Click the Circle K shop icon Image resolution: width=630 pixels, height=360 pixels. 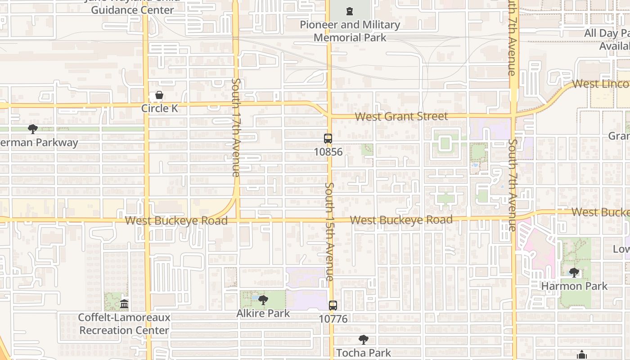coord(159,95)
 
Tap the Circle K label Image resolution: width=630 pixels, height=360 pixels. coord(160,108)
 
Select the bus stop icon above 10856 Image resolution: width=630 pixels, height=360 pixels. coord(328,139)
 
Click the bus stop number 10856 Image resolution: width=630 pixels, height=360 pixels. coord(328,152)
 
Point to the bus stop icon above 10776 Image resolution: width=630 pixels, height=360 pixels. coord(333,305)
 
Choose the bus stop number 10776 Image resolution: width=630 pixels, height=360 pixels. coord(333,319)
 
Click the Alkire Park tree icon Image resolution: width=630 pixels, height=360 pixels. coord(263,300)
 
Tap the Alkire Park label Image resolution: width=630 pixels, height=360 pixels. coord(263,313)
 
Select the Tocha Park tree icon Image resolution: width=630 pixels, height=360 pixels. coord(363,340)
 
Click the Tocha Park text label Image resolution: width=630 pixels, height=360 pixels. coord(364,353)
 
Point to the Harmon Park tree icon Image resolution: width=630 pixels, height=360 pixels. coord(574,273)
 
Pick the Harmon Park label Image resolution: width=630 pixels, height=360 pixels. coord(574,286)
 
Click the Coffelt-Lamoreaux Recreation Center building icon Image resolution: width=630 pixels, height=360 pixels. coord(124,304)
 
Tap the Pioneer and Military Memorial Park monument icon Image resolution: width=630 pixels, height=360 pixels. coord(350,11)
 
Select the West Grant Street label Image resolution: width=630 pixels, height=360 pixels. coord(401,117)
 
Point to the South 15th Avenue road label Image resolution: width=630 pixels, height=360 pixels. coord(330,232)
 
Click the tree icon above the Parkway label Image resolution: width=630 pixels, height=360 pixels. coord(32,130)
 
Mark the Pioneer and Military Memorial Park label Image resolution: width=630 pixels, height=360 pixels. coord(350,31)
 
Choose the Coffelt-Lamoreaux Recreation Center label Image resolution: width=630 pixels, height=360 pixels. coord(124,324)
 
